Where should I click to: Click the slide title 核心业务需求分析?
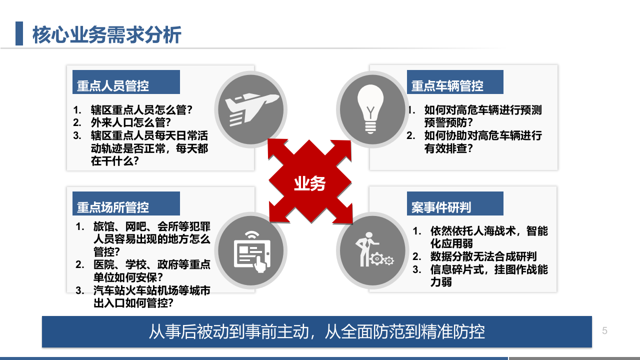click(x=106, y=35)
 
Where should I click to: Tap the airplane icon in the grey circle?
click(x=250, y=107)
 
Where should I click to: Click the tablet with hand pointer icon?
click(x=251, y=251)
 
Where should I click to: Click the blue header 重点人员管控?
click(x=113, y=86)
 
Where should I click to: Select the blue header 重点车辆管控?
click(x=447, y=86)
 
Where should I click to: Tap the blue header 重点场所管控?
click(x=113, y=207)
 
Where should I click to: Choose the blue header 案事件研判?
click(x=441, y=207)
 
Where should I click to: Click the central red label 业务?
click(x=309, y=184)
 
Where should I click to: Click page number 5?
click(x=605, y=330)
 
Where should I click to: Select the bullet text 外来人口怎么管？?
click(x=131, y=122)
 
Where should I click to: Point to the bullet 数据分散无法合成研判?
click(x=483, y=256)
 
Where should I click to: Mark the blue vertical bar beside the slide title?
click(x=19, y=33)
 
